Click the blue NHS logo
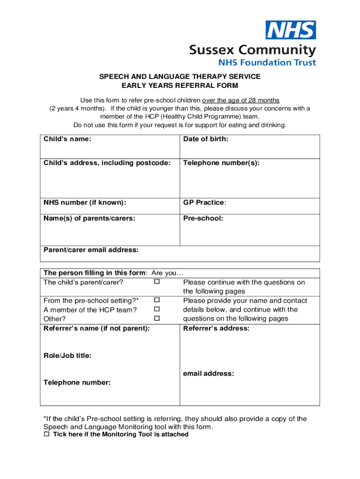pos(290,30)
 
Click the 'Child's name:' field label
pos(67,138)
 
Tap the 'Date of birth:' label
pos(206,138)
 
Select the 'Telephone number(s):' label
pos(221,163)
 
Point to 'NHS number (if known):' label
pos(85,203)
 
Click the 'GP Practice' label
pos(204,203)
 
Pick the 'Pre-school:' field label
pos(203,218)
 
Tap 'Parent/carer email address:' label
pos(91,250)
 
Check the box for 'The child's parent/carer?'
pos(157,282)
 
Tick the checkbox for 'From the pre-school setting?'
pos(157,300)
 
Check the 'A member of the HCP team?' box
pos(157,309)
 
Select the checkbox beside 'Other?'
pos(157,318)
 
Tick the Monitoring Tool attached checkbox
pos(46,435)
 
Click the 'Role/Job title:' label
pos(67,356)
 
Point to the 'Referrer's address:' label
pos(216,328)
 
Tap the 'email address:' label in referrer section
pos(209,374)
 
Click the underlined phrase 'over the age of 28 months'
pos(241,100)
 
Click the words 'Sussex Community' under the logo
pos(252,50)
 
